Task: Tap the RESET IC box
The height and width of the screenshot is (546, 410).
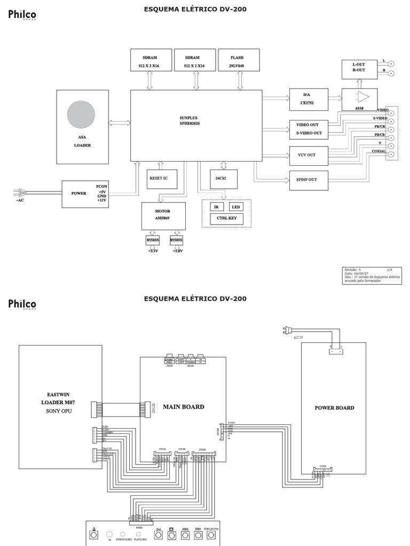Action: click(x=162, y=179)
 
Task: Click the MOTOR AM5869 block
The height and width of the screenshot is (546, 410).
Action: click(x=163, y=215)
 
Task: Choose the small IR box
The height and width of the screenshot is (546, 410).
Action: click(x=216, y=207)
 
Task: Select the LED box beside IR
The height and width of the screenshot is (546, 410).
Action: click(x=236, y=207)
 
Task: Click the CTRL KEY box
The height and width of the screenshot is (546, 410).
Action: click(x=226, y=218)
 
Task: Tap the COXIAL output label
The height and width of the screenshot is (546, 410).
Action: click(x=379, y=151)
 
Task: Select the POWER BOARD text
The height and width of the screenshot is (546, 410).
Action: click(x=334, y=408)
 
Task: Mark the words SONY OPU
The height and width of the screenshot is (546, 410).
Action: click(x=60, y=411)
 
